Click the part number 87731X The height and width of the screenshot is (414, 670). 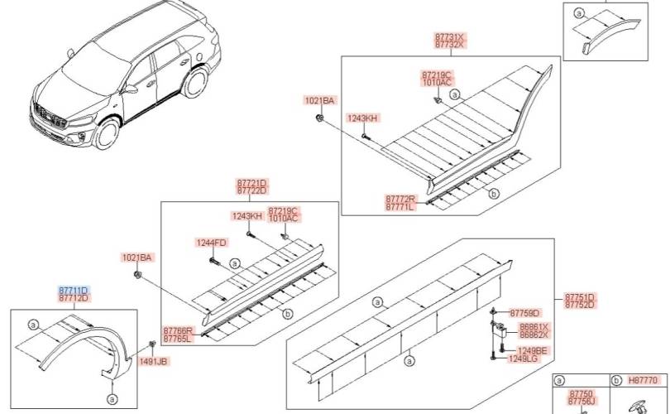pos(451,38)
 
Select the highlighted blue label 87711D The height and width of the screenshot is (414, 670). pos(74,290)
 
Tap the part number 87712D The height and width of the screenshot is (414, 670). pos(74,298)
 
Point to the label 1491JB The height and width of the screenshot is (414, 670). pos(153,362)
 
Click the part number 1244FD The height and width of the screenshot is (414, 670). pos(210,243)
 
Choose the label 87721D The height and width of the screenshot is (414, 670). pos(251,183)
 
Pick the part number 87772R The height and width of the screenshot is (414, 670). pos(400,200)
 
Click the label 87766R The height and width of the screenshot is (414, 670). pos(178,330)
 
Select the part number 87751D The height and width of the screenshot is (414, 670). pos(580,296)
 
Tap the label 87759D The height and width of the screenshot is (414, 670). pos(524,313)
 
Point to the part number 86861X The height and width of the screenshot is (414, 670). pos(534,327)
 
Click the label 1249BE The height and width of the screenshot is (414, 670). pos(527,350)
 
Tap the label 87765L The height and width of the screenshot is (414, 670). pos(178,338)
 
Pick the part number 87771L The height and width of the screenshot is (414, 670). pos(400,208)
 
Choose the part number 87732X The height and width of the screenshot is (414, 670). pos(451,46)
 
